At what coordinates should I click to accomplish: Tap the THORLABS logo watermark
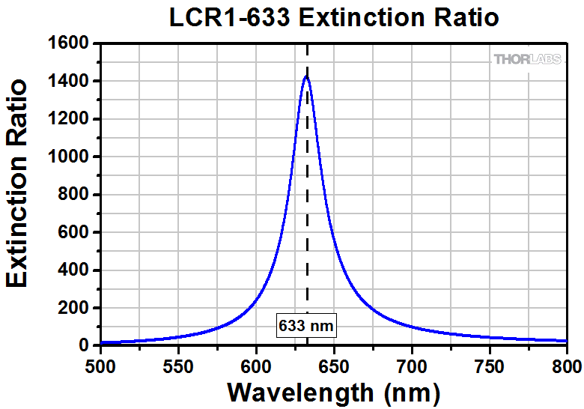(x=527, y=59)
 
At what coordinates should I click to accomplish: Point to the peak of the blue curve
(x=306, y=76)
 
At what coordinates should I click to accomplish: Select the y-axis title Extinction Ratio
(x=17, y=184)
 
